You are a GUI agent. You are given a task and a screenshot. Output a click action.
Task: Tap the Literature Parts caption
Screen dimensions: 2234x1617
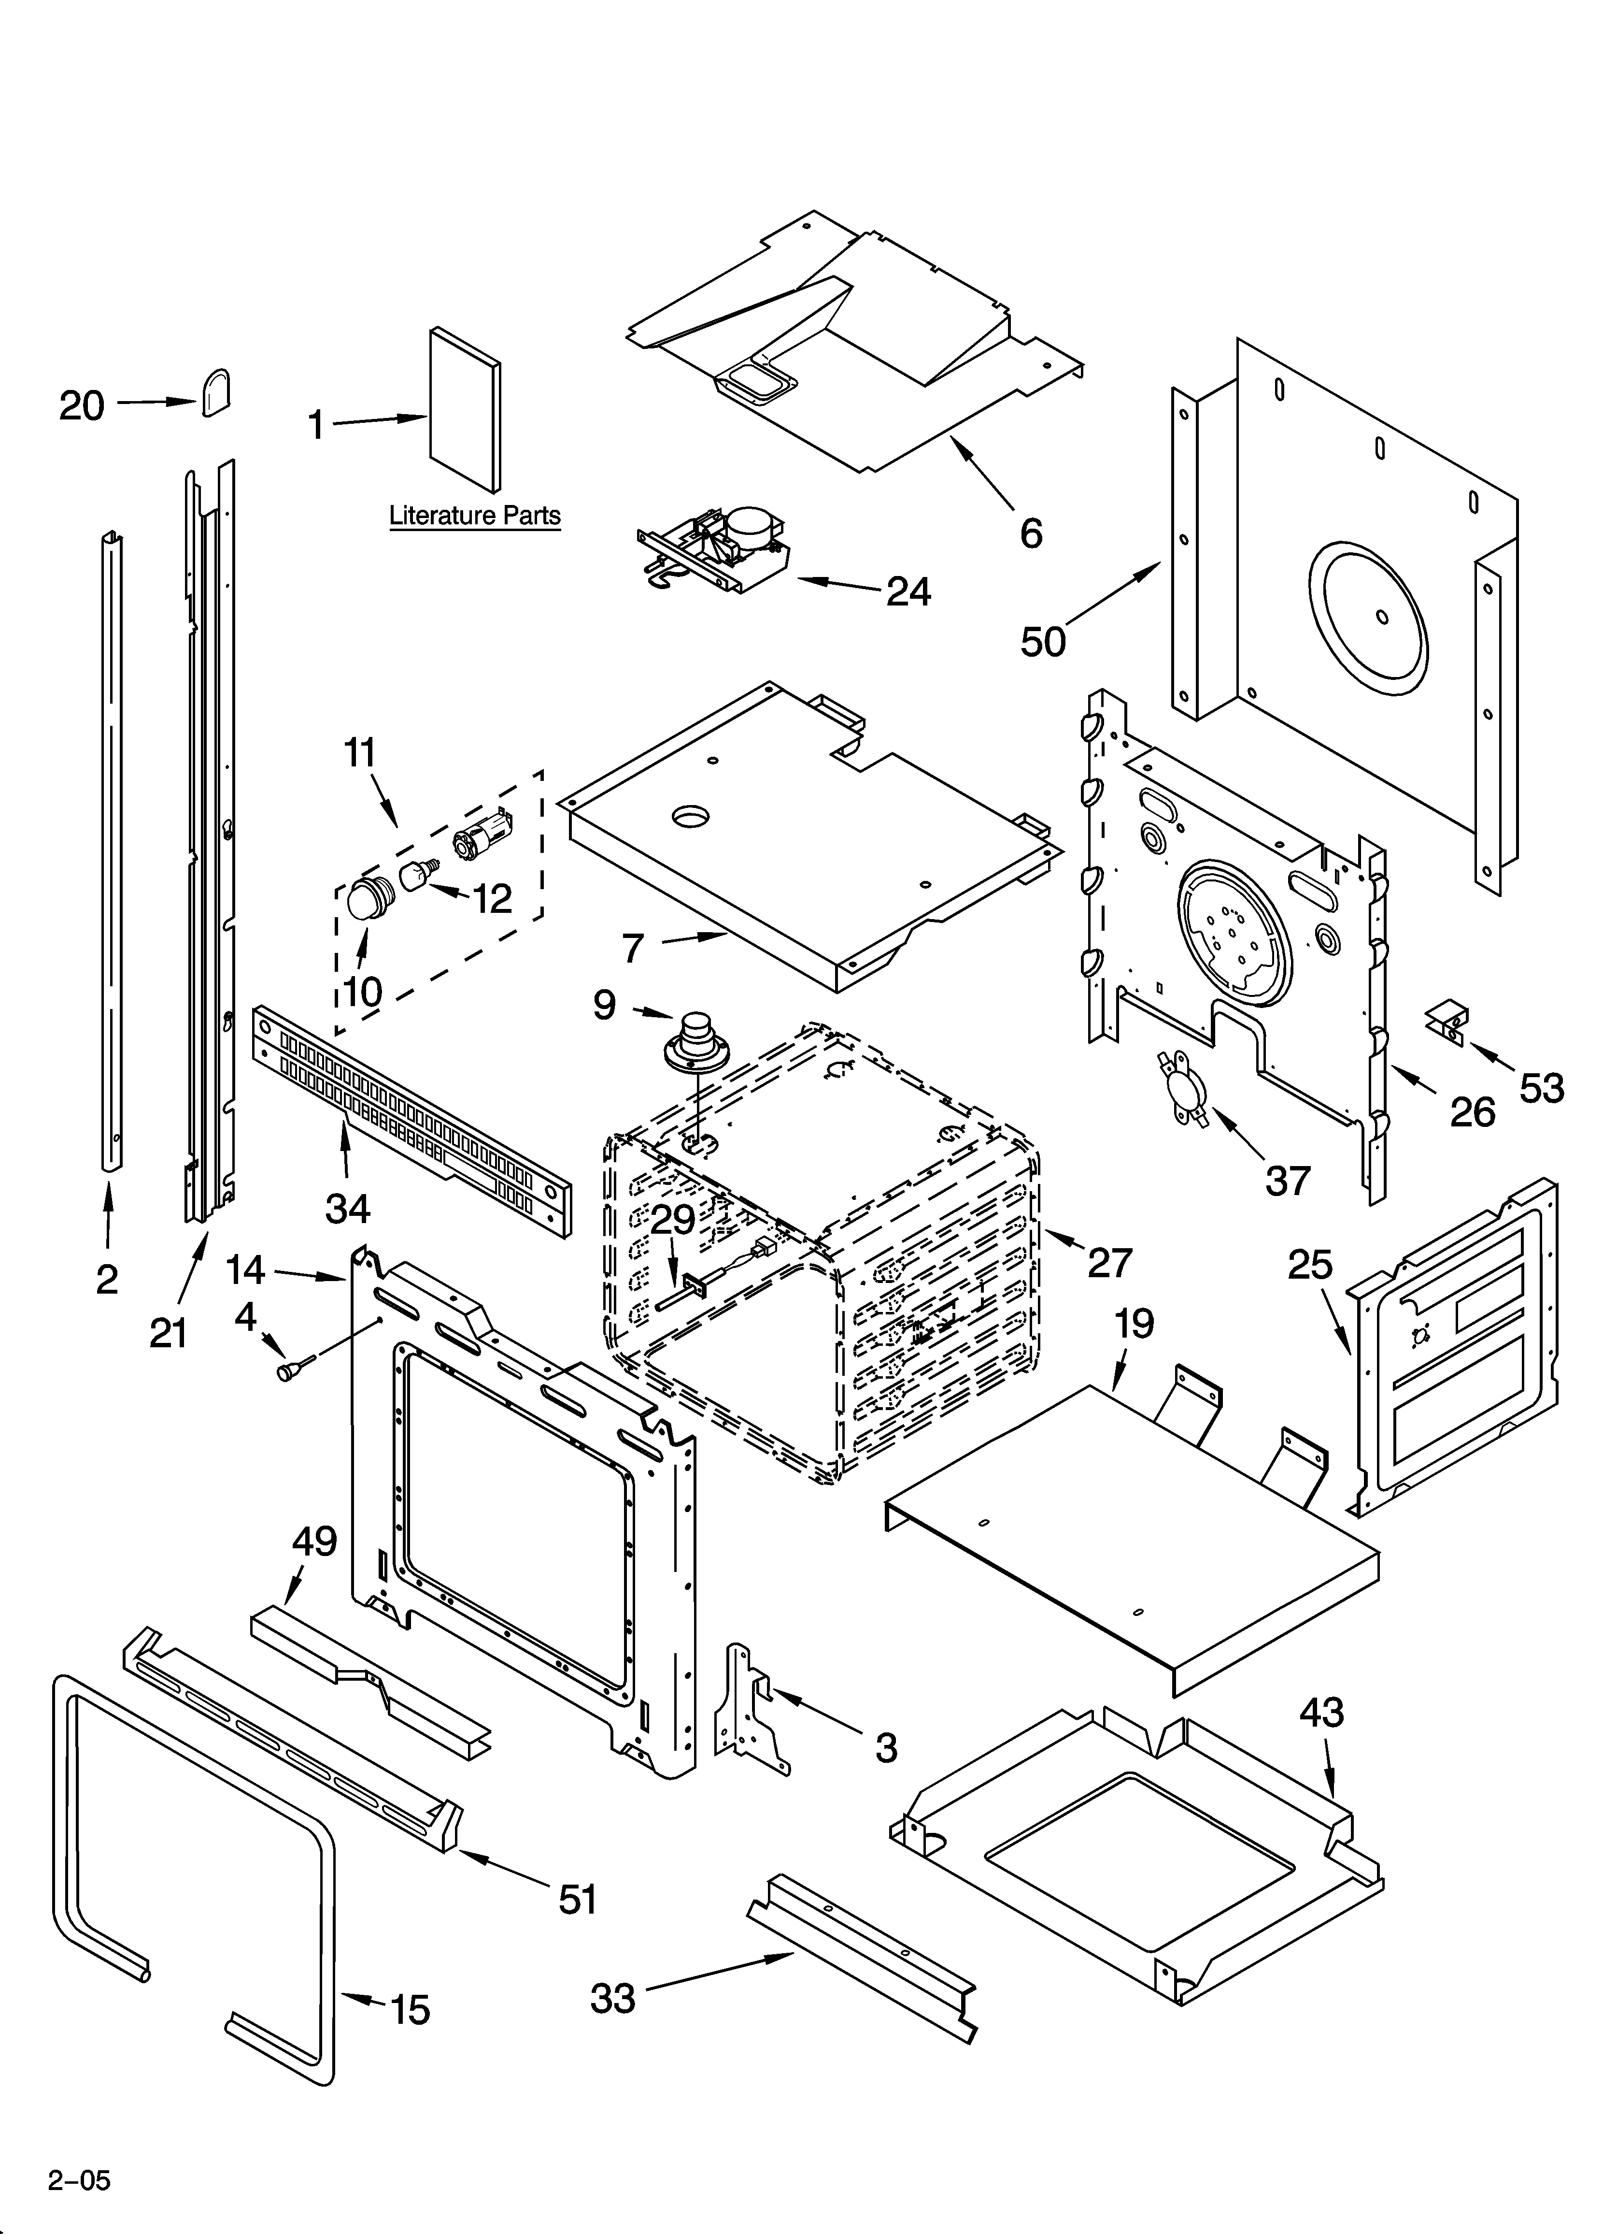pyautogui.click(x=475, y=515)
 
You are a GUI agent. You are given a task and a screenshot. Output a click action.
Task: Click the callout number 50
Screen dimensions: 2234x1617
pyautogui.click(x=1043, y=641)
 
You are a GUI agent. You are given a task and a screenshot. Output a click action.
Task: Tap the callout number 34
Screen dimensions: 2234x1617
pyautogui.click(x=348, y=1208)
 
